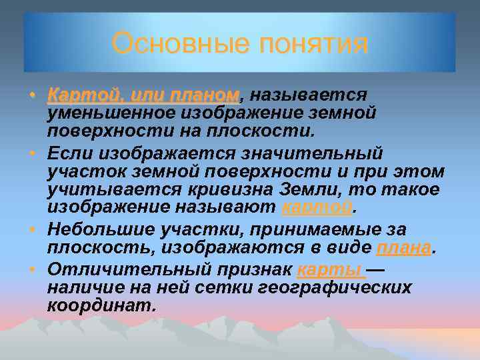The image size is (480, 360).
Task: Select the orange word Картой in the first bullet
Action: click(x=79, y=95)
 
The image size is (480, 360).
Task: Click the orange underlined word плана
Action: click(x=404, y=249)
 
